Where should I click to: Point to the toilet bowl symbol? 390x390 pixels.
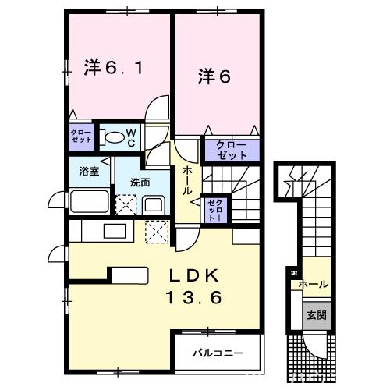pos(113,139)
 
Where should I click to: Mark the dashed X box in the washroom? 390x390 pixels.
pos(125,204)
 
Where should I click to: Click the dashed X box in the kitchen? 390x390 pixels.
pos(157,232)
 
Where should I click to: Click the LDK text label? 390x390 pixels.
pos(197,276)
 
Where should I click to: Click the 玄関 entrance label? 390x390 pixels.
pos(316,315)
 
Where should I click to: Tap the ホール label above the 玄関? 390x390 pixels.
pos(314,285)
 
